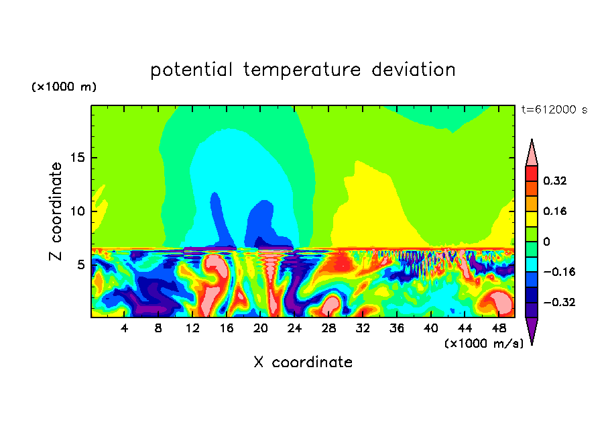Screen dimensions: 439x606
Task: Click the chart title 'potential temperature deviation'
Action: (x=303, y=70)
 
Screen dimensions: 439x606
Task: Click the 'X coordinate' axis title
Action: (x=303, y=362)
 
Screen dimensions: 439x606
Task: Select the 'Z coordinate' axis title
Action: (x=56, y=211)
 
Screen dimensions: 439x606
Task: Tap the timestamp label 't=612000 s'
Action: (x=554, y=110)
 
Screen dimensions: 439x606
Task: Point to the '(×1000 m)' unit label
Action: (x=64, y=87)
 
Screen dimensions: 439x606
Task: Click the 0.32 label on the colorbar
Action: (x=556, y=181)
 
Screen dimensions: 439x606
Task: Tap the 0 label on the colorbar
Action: (x=546, y=242)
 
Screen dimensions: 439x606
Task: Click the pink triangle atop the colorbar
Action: (x=532, y=154)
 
